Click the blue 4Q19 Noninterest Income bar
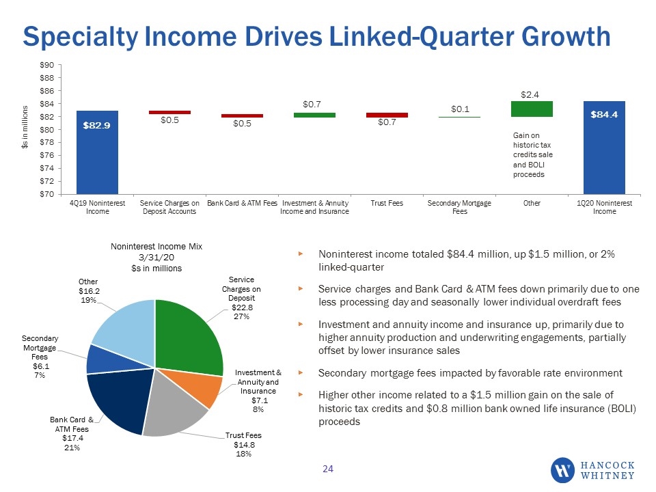point(97,152)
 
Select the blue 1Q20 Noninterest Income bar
point(604,148)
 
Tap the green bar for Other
point(532,109)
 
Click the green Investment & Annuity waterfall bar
point(314,115)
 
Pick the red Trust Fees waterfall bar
point(387,115)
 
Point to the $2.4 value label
point(530,95)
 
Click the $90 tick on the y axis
point(47,65)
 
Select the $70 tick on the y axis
point(47,194)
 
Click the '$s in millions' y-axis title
point(25,127)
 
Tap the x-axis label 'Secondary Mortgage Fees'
point(459,207)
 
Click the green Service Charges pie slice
point(189,335)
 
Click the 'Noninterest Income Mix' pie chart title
point(156,247)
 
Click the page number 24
point(328,469)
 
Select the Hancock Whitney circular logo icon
point(562,470)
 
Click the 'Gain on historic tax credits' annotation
point(532,155)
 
